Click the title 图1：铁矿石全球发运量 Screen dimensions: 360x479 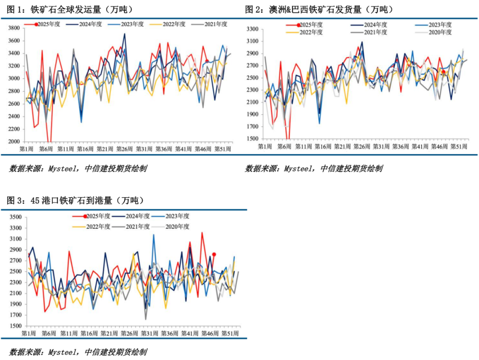(x=71, y=9)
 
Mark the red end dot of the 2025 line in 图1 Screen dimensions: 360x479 (x=207, y=61)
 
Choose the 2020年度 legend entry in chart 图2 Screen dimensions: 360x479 (x=439, y=32)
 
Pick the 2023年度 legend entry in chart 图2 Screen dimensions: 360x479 (x=439, y=24)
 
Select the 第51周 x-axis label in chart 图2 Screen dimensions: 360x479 (x=459, y=146)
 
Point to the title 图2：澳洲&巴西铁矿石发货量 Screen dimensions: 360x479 (x=319, y=9)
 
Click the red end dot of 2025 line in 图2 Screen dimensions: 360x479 (x=443, y=72)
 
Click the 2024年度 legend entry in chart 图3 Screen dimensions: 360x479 (x=133, y=216)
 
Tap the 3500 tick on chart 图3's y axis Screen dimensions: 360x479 (x=15, y=217)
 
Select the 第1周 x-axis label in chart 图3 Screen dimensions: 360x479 (x=29, y=333)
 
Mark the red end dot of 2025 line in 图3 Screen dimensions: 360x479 (x=214, y=254)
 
